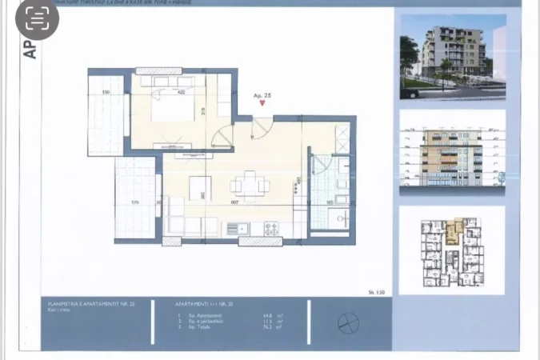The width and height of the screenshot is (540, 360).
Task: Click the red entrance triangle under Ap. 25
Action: click(x=262, y=103)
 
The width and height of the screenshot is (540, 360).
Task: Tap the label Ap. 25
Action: click(x=262, y=95)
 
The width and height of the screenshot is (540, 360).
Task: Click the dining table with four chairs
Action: click(x=248, y=186)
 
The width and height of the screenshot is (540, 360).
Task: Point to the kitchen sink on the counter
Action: click(x=237, y=229)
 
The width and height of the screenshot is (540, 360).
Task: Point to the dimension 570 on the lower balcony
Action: click(x=135, y=202)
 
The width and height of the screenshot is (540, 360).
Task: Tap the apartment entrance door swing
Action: click(x=261, y=128)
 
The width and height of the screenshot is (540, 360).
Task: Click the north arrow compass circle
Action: click(x=348, y=322)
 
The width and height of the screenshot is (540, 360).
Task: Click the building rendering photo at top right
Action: click(x=452, y=57)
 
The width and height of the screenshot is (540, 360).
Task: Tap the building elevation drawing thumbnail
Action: click(x=452, y=153)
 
